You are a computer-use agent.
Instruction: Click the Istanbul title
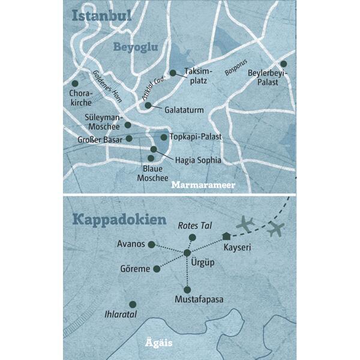point(102,16)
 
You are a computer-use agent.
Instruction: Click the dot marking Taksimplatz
point(173,73)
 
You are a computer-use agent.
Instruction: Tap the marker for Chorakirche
point(75,83)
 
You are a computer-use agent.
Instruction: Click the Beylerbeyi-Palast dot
point(283,64)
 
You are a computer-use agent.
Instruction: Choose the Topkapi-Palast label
point(196,137)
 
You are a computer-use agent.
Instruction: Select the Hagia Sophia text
point(197,160)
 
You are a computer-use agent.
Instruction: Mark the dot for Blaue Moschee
point(151,158)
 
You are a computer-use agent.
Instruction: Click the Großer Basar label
point(101,139)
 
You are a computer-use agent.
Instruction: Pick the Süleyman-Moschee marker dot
point(127,125)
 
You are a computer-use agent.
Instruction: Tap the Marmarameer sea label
point(203,185)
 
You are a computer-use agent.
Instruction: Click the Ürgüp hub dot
point(187,253)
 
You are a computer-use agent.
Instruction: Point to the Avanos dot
point(151,244)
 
